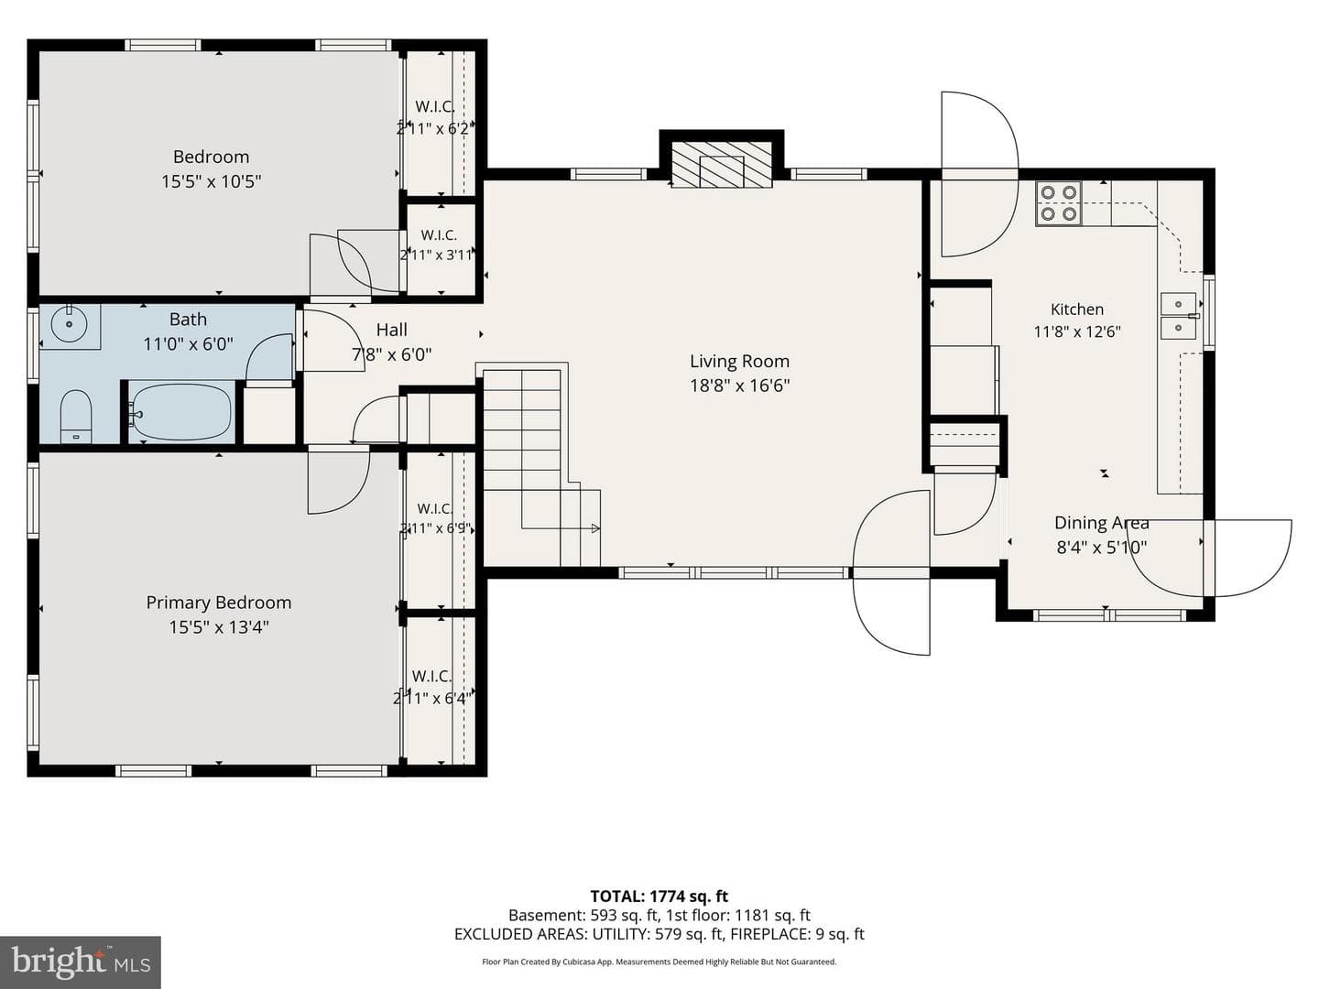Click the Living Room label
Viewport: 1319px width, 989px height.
tap(739, 362)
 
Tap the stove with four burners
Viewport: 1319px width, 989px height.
tap(1058, 203)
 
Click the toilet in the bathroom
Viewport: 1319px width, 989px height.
tap(76, 417)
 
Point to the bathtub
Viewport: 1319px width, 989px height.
tap(180, 411)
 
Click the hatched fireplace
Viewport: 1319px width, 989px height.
tap(721, 165)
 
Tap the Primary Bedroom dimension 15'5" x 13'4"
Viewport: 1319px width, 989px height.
tap(219, 627)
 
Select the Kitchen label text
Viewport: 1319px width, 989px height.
tap(1077, 310)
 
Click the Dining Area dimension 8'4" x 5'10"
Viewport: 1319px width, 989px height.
tap(1102, 548)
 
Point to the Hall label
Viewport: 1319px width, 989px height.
tap(392, 330)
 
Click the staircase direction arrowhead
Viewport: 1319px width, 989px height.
tap(595, 528)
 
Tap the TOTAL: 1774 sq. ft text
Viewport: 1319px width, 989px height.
tap(659, 897)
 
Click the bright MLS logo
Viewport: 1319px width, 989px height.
tap(81, 961)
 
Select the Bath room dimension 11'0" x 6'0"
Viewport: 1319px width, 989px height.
tap(188, 344)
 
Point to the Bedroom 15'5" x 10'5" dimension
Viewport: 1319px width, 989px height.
tap(211, 182)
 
